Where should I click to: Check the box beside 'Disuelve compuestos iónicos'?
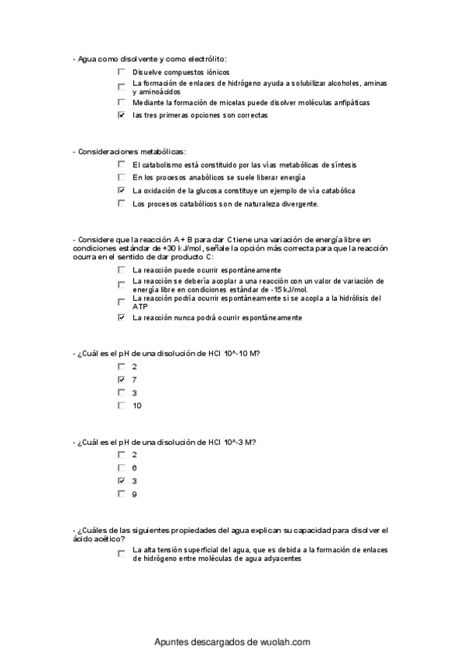tap(121, 72)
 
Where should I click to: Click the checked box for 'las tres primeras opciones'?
tap(121, 115)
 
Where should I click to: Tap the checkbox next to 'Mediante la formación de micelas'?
tap(121, 102)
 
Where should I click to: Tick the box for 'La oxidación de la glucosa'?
tap(121, 190)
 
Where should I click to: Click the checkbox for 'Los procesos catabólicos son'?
tap(121, 203)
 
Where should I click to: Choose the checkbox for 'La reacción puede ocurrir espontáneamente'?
tap(121, 270)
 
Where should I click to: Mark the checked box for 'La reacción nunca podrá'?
tap(121, 317)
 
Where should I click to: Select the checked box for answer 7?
tap(121, 380)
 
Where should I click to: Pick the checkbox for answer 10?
tap(121, 405)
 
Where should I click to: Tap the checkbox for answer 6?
tap(121, 468)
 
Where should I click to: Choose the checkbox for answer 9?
tap(121, 494)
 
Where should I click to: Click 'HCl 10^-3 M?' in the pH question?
tap(232, 442)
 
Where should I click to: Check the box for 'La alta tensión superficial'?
tap(121, 554)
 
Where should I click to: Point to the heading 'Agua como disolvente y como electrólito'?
tap(156, 58)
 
